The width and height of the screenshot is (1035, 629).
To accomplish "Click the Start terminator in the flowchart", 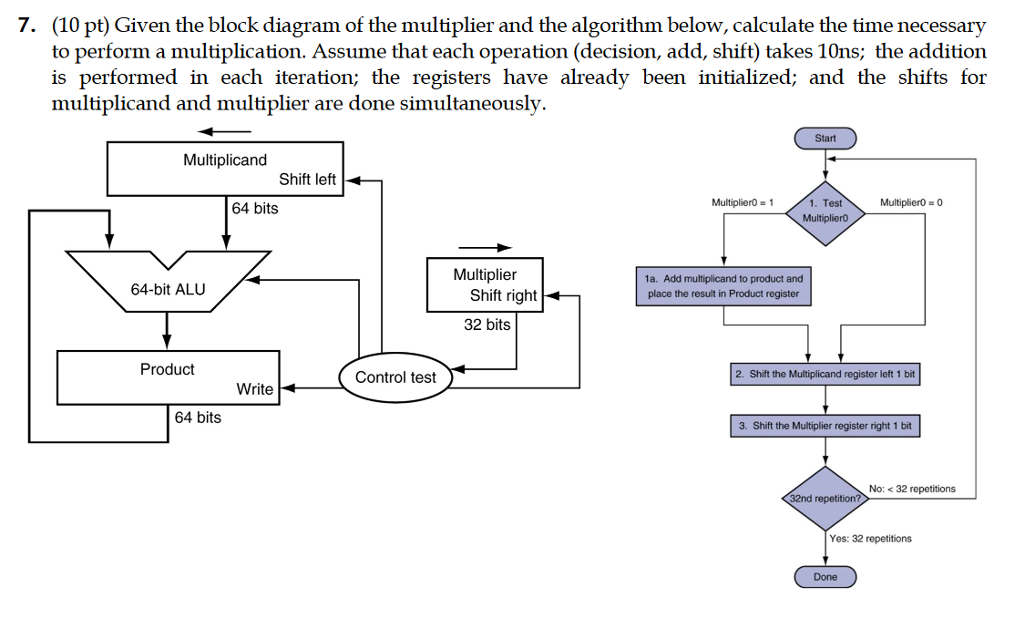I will (x=825, y=139).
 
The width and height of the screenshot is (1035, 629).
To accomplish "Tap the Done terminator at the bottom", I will (x=825, y=577).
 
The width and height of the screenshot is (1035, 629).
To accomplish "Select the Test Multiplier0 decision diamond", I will (x=825, y=211).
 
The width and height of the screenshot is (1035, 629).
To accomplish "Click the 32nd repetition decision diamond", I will (x=825, y=499).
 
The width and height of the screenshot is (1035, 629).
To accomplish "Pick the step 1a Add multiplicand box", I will (x=724, y=285).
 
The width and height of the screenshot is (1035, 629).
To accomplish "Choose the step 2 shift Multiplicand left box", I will (x=825, y=375).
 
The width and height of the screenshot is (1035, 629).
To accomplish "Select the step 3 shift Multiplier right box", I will (x=825, y=426).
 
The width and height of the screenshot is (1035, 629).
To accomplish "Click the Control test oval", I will (x=395, y=377).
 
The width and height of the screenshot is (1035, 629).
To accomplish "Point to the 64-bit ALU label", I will (x=168, y=290).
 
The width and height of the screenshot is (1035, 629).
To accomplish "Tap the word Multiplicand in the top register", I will (x=225, y=160).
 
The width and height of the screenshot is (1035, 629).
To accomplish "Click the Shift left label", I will (x=307, y=180).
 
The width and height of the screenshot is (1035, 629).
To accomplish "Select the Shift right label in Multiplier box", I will (x=503, y=295).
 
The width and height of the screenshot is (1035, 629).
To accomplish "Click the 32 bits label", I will (x=487, y=325).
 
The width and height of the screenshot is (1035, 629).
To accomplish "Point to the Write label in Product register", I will (x=254, y=389).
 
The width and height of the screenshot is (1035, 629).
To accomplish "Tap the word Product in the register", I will (x=167, y=369).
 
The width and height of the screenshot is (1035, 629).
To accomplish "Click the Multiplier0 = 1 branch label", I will (x=742, y=201).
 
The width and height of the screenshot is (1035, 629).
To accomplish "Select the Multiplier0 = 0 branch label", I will (x=911, y=201).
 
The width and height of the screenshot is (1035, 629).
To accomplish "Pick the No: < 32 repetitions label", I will (x=912, y=489).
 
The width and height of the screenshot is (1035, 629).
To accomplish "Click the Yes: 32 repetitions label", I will (x=870, y=539).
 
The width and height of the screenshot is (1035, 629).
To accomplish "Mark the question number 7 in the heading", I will (x=26, y=26).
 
